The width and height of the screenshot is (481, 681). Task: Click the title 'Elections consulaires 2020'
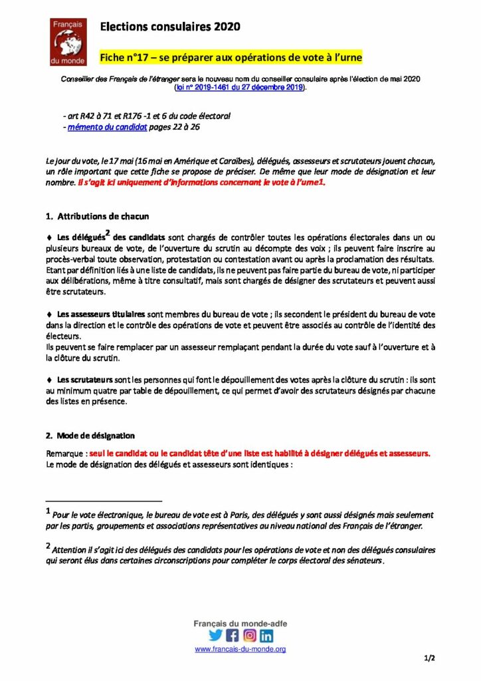[x=169, y=27]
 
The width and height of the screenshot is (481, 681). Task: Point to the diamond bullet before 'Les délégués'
[x=49, y=237]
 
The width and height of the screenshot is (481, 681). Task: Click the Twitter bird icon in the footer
[x=216, y=635]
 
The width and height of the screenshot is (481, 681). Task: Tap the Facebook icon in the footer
[x=233, y=635]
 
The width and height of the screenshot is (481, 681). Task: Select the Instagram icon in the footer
[x=249, y=635]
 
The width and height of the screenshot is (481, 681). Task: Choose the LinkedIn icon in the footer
[x=266, y=635]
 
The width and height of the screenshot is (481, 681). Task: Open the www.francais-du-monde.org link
[x=240, y=649]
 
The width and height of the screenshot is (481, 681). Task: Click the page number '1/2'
[x=429, y=658]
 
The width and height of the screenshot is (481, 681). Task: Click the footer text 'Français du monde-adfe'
[x=240, y=623]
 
